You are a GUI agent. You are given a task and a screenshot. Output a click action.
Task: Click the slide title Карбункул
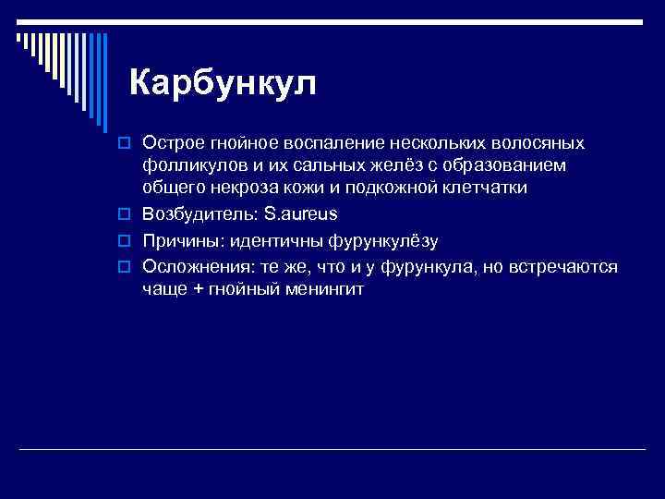point(223,83)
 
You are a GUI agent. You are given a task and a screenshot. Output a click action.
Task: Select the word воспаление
point(332,143)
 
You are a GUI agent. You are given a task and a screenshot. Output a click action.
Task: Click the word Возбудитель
point(199,214)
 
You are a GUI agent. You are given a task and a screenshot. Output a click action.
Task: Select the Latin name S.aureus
point(301,214)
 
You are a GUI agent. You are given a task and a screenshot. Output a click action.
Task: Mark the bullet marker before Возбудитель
point(130,215)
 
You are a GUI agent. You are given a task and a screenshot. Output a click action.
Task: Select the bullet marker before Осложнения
point(130,269)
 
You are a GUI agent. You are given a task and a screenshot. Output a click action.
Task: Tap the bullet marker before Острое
point(130,144)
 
